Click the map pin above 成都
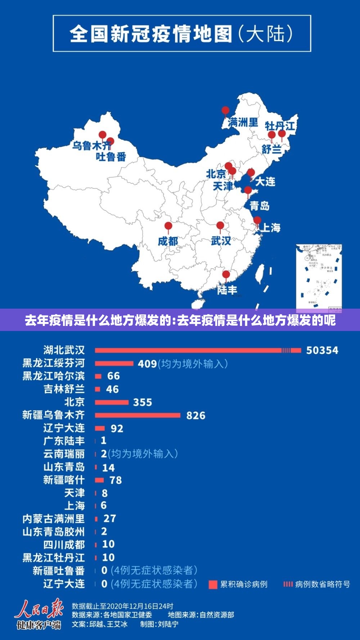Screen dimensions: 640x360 click(168, 227)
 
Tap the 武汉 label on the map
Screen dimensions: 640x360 click(221, 241)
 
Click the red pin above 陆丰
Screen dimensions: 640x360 click(226, 276)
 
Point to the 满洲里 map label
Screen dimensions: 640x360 click(243, 122)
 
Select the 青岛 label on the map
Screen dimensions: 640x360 click(260, 206)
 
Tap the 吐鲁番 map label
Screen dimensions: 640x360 click(111, 157)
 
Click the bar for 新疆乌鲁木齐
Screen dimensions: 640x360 click(138, 415)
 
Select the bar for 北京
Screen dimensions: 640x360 click(112, 402)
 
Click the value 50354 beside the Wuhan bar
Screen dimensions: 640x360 click(322, 350)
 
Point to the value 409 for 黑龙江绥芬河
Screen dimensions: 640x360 click(147, 364)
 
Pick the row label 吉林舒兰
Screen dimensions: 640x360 click(64, 389)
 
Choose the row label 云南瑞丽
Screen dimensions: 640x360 click(64, 454)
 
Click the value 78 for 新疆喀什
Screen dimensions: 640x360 click(116, 480)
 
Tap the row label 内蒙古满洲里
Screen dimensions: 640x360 click(54, 519)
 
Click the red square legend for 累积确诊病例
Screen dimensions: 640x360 click(213, 585)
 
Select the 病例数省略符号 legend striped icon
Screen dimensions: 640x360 click(288, 584)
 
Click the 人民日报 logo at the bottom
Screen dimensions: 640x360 click(39, 614)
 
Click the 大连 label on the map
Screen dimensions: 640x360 click(265, 182)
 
